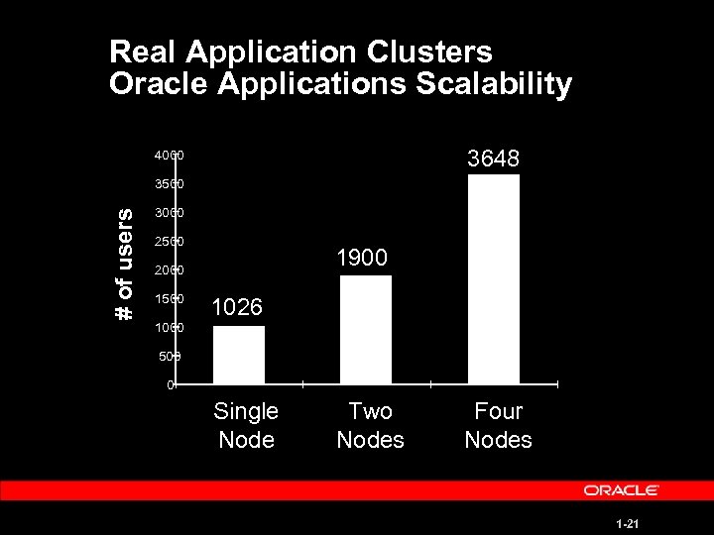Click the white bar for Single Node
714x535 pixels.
coord(239,354)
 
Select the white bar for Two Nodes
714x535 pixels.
coord(366,329)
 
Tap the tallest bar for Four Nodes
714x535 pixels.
coord(493,278)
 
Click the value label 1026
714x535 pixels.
coord(238,308)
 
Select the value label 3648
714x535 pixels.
coord(493,159)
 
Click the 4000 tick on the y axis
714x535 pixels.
coord(168,157)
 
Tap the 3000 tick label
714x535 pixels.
coord(168,213)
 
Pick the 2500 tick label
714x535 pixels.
coord(168,242)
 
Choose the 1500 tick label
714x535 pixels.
coord(168,299)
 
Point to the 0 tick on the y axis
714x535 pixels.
coord(171,384)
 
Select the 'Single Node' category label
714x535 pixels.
coord(246,425)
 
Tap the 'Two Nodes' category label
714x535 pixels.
coord(370,425)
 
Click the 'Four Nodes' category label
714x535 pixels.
coord(498,425)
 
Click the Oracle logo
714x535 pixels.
coord(622,490)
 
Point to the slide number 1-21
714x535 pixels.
coord(625,522)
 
